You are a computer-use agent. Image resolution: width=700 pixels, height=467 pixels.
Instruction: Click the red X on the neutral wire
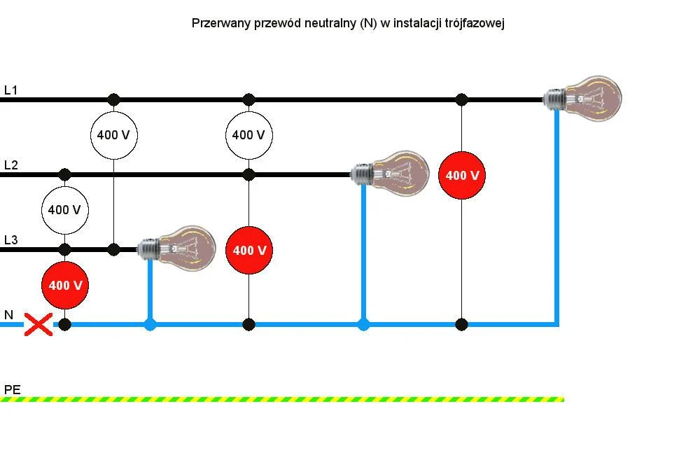[x=38, y=324]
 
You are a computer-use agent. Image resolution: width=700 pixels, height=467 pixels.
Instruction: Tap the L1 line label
[x=11, y=90]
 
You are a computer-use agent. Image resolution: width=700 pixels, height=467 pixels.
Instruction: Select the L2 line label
[x=11, y=165]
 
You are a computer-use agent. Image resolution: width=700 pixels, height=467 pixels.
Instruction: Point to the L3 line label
[x=11, y=240]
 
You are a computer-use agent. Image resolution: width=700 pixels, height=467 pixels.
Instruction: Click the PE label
[x=13, y=389]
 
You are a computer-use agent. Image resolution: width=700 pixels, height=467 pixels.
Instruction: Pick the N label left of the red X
[x=9, y=315]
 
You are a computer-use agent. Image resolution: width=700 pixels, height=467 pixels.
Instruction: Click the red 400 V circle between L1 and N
[x=462, y=175]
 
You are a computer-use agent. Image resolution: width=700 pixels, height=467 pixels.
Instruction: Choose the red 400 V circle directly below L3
[x=65, y=286]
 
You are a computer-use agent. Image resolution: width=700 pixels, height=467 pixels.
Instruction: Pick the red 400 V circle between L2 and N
[x=248, y=250]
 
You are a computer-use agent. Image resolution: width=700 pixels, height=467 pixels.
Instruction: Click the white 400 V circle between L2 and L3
[x=65, y=209]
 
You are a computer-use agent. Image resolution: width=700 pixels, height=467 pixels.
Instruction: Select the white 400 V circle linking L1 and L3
[x=113, y=134]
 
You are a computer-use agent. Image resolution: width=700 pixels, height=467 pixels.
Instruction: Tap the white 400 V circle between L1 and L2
[x=248, y=134]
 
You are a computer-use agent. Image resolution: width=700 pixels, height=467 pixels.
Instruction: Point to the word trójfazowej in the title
[x=474, y=23]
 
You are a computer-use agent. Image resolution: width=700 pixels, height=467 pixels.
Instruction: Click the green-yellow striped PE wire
[x=280, y=399]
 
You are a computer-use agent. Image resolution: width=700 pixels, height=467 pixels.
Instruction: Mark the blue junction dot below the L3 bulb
[x=150, y=324]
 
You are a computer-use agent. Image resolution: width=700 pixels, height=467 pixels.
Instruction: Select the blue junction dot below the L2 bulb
[x=363, y=324]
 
